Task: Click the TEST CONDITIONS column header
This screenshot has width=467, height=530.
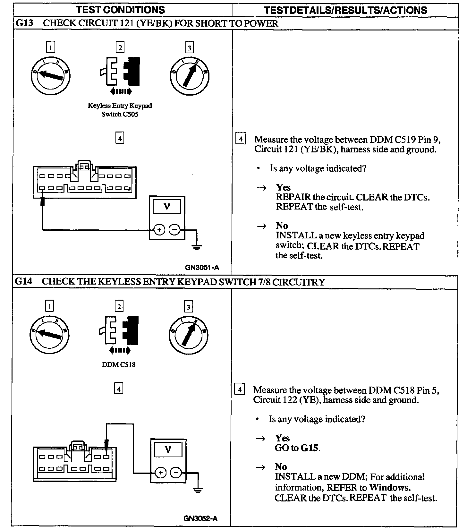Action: [121, 10]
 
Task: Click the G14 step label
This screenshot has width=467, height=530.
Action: [24, 282]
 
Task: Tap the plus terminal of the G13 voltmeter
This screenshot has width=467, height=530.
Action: [159, 230]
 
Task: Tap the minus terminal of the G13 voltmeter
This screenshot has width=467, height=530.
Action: [174, 230]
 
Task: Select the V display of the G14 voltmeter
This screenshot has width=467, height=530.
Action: [168, 450]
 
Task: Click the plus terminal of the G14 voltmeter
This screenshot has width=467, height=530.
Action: [161, 473]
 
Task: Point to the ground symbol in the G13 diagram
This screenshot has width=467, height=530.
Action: [197, 247]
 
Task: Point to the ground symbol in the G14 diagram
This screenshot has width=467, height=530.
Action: [198, 490]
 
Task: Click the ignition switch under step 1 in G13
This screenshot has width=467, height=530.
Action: [51, 76]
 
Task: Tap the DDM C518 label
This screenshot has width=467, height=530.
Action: [119, 365]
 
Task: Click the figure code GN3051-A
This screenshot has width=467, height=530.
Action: [202, 268]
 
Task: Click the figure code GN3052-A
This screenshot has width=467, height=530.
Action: [200, 518]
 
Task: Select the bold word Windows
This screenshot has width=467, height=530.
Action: [390, 487]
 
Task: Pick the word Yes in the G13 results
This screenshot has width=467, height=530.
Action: [283, 187]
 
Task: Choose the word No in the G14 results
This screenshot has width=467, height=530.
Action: [281, 467]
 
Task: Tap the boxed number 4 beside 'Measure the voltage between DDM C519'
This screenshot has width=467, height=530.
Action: [241, 139]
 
